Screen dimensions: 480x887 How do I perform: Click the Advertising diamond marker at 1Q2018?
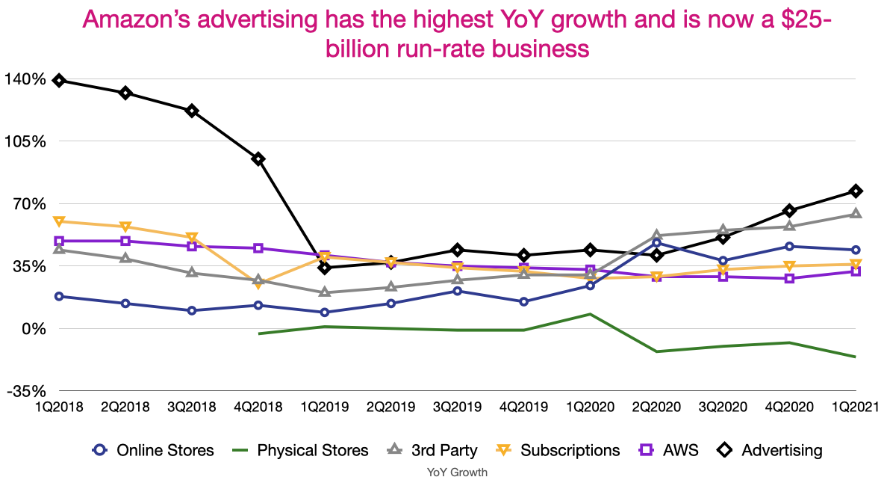59,80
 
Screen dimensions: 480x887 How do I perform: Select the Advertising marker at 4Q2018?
258,159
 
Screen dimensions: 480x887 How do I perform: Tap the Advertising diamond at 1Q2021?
856,191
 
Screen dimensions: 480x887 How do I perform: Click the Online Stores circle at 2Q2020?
656,242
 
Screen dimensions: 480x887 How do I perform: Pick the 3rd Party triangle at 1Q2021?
856,214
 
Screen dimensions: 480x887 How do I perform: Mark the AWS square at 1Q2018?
59,241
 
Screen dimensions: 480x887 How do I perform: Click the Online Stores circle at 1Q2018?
59,296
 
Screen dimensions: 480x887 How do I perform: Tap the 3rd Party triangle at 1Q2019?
325,292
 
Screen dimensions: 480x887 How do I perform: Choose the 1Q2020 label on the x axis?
590,407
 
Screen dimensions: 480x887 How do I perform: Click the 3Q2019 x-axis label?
457,407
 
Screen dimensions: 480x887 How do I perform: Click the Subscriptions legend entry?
558,450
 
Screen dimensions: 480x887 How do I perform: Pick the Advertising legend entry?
769,450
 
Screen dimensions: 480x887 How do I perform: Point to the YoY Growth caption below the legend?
457,472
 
